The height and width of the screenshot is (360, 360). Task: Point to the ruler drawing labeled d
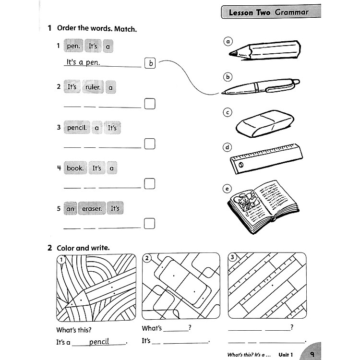pos(266,158)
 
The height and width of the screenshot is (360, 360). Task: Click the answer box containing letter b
pos(150,63)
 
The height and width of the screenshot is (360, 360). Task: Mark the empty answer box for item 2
pos(150,103)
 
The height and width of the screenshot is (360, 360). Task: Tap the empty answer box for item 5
pos(150,223)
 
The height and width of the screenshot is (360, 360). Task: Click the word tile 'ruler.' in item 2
pos(93,87)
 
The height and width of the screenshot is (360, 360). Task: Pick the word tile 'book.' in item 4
pos(75,168)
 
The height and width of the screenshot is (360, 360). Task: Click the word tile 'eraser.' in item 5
pos(91,208)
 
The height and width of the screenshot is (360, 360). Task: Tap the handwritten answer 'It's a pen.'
pos(83,62)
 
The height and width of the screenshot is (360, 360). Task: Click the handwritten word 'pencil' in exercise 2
pos(99,342)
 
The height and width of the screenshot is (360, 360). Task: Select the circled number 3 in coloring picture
pos(233,258)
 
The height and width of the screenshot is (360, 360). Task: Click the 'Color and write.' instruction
pos(83,248)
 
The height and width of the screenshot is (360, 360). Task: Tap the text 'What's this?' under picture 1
pos(73,330)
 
